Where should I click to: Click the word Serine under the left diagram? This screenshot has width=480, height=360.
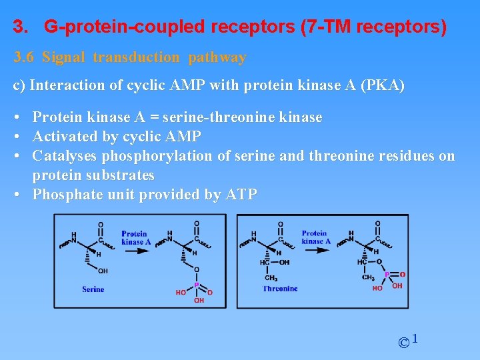pos(93,289)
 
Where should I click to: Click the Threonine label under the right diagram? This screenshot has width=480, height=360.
pos(280,289)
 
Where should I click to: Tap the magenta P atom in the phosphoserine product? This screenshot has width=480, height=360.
pos(197,285)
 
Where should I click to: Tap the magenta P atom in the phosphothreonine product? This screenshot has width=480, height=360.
pos(385,274)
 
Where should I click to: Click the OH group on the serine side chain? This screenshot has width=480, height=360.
pos(103,271)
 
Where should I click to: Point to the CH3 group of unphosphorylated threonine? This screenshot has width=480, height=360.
pos(271,277)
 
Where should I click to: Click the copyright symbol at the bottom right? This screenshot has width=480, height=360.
pos(403,343)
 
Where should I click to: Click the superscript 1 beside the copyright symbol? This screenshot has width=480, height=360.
pos(415,339)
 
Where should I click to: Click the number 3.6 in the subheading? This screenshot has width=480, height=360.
pos(24,57)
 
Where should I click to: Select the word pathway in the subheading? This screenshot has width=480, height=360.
pos(217,57)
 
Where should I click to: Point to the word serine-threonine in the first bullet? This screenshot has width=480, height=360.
pos(223,117)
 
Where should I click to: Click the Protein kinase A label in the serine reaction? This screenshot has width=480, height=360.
pos(135,237)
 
